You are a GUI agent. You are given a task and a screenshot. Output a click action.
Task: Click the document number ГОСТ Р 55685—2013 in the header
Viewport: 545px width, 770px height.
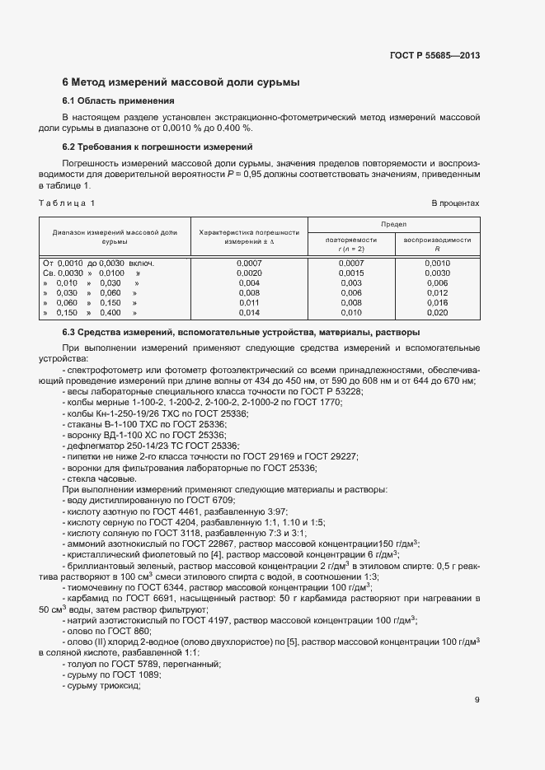(x=434, y=56)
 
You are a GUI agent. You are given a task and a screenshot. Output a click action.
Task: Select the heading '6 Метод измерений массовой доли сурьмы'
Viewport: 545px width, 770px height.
(x=181, y=82)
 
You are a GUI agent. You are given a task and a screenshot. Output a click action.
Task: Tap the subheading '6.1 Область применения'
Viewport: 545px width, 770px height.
(x=119, y=101)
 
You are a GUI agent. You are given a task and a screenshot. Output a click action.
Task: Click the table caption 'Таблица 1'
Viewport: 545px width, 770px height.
(x=68, y=203)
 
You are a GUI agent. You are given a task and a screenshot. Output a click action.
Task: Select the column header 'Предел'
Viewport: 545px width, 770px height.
(x=393, y=224)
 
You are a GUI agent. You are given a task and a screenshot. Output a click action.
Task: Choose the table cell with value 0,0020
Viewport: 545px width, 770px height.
(x=248, y=273)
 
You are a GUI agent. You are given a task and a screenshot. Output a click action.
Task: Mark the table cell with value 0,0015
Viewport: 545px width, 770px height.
(x=350, y=273)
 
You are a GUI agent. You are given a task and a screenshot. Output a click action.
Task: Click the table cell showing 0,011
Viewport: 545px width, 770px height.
(x=248, y=303)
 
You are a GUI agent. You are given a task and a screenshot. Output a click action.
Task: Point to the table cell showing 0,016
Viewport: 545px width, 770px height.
(x=437, y=303)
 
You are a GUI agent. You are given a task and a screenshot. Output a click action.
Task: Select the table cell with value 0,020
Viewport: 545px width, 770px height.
(x=437, y=313)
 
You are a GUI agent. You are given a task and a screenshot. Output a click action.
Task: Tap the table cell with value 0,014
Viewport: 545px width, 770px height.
(x=248, y=313)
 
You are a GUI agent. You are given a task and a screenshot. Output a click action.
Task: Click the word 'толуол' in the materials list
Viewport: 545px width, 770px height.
(x=81, y=640)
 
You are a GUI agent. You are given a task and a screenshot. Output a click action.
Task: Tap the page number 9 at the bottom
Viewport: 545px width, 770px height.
(x=477, y=701)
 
